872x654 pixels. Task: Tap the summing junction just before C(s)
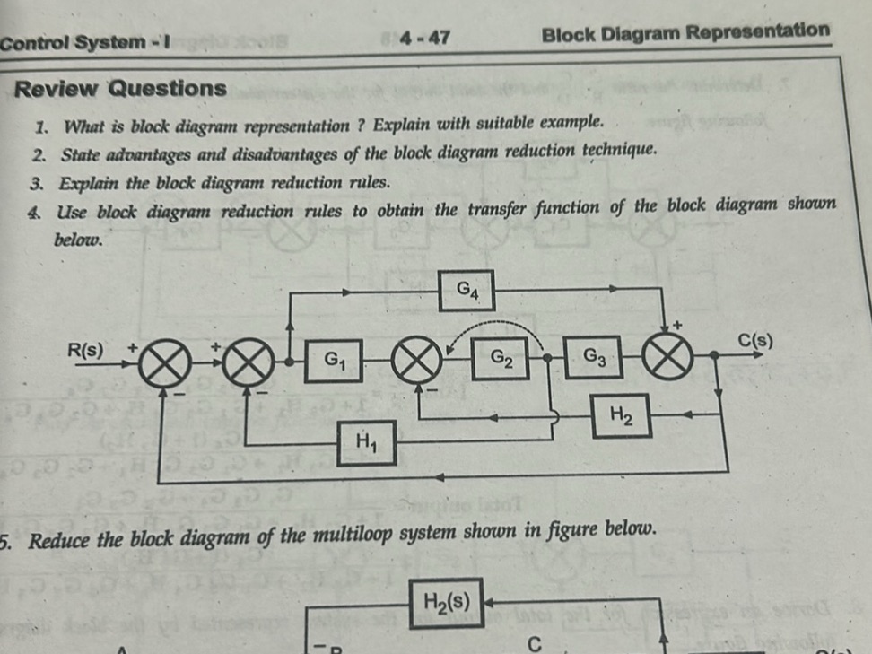click(x=676, y=358)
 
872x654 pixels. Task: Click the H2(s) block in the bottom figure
click(x=447, y=599)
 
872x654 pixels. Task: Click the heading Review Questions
click(x=121, y=88)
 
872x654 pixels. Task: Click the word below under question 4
click(x=78, y=240)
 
